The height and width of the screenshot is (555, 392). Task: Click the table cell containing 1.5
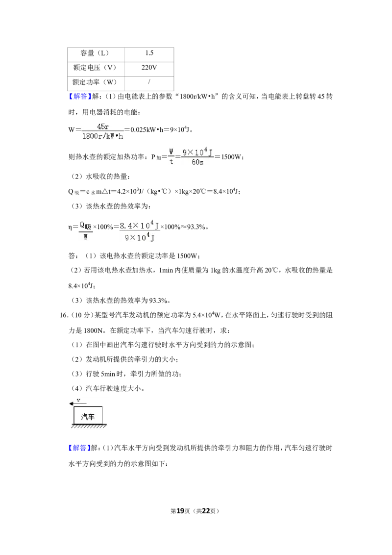tap(149, 53)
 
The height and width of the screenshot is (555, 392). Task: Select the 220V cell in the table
tap(149, 68)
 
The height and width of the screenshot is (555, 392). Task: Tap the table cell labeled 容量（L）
tap(96, 53)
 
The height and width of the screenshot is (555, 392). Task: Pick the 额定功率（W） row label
tap(96, 82)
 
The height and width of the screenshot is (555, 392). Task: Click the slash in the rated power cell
tap(149, 82)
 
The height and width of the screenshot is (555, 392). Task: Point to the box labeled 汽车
tap(88, 416)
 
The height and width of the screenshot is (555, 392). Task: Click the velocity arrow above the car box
tap(78, 404)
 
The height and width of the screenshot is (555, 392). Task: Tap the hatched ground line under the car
tap(89, 426)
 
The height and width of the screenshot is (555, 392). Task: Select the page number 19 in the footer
tap(180, 511)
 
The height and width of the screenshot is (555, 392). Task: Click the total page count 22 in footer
tap(205, 511)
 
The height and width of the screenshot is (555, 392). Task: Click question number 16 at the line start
tap(64, 315)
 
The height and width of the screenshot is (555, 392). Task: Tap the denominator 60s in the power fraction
tap(197, 162)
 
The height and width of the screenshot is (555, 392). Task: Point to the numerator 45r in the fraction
tap(102, 126)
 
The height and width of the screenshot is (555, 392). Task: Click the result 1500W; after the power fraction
tap(233, 157)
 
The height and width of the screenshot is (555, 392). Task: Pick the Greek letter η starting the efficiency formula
tap(70, 227)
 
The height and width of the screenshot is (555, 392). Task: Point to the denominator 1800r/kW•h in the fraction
tap(102, 136)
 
